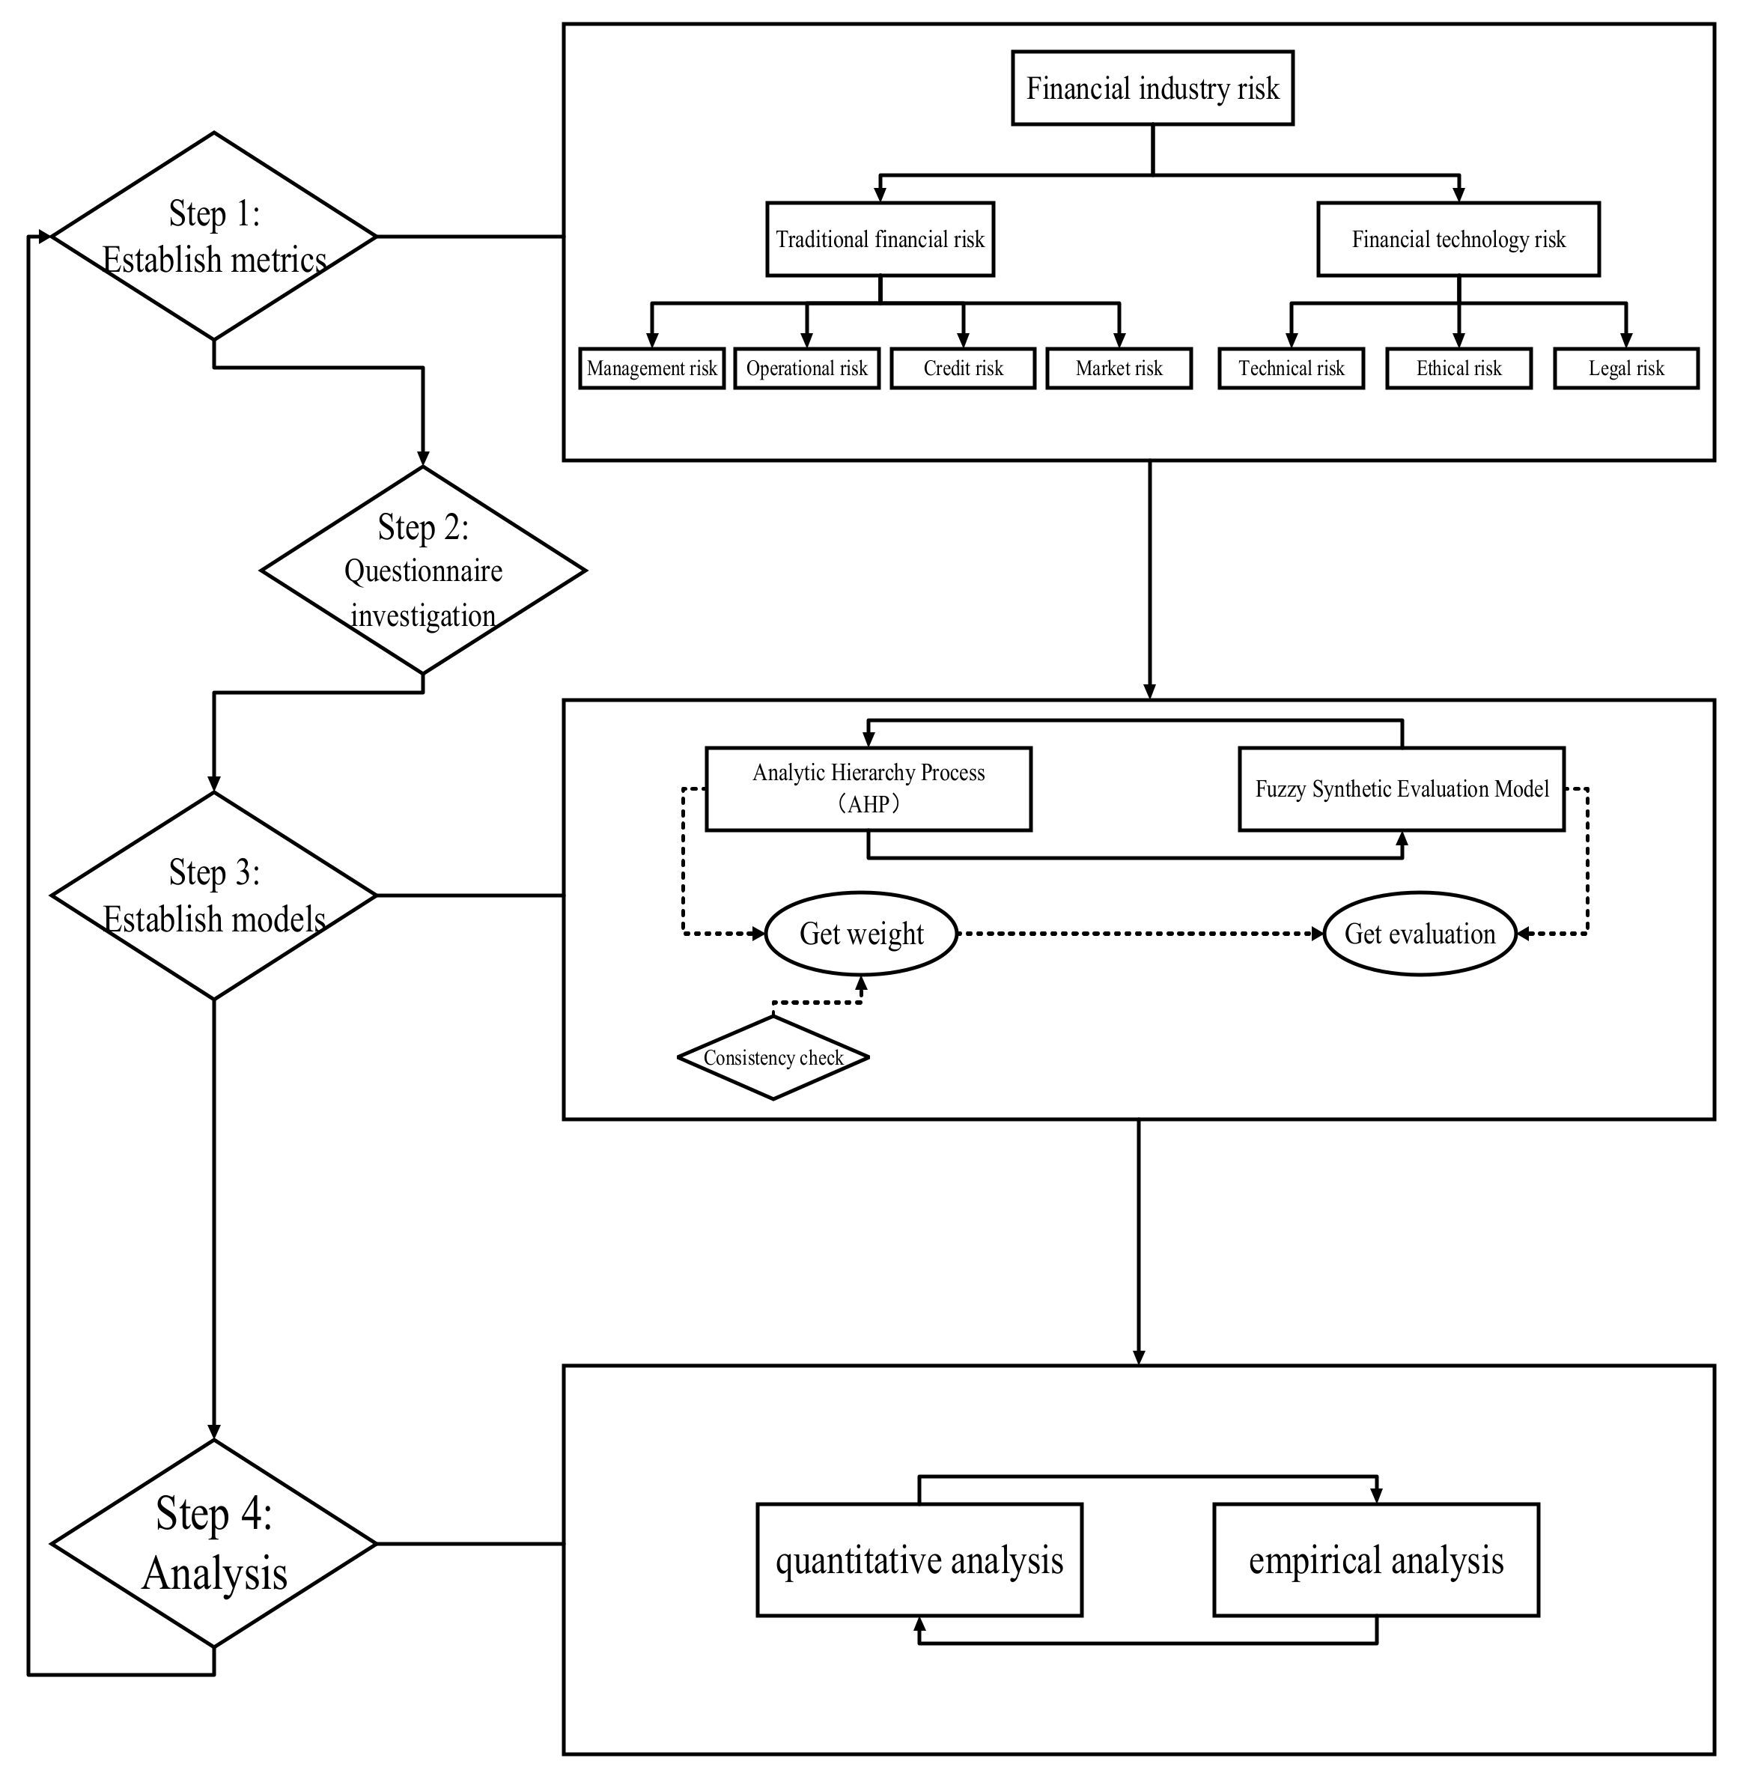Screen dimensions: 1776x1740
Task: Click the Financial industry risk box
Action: tap(1152, 88)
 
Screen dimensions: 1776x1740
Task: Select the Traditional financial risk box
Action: tap(879, 240)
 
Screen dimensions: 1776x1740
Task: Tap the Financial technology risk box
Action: tap(1458, 240)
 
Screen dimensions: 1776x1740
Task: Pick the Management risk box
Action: tap(651, 368)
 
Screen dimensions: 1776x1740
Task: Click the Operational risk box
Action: tap(806, 368)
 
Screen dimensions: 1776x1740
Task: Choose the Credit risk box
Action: tap(962, 368)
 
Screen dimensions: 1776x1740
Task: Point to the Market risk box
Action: tap(1119, 368)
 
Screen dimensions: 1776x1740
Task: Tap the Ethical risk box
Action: tap(1458, 368)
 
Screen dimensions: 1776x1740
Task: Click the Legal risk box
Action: tap(1625, 368)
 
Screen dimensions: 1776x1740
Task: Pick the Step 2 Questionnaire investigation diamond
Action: tap(423, 571)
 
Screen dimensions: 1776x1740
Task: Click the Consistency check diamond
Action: tap(773, 1057)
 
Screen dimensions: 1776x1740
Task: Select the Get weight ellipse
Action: tap(861, 933)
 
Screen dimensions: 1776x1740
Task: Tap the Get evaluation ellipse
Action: tap(1420, 933)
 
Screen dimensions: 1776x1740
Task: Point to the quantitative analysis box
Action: tap(919, 1560)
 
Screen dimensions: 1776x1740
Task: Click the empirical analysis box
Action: tap(1375, 1560)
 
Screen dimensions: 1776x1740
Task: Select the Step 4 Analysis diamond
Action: tap(214, 1544)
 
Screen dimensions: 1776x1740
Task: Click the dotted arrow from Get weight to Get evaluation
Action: tap(1140, 933)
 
